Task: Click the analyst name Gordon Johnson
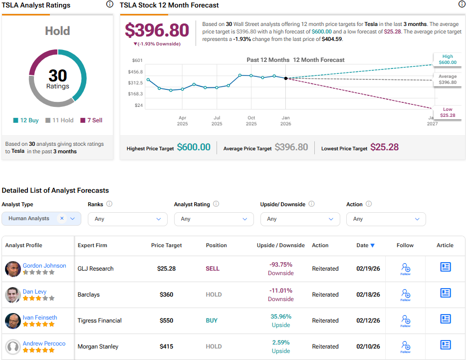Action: [44, 266]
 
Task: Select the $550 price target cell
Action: [167, 321]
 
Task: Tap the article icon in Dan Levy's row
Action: [445, 293]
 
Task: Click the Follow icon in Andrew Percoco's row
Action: [406, 346]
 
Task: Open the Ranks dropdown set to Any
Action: [128, 219]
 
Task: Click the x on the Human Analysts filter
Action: [62, 218]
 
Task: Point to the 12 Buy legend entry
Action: [26, 120]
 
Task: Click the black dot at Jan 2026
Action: [285, 78]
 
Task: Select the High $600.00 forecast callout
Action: [448, 59]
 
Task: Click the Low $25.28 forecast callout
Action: [448, 112]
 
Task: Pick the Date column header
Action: [365, 245]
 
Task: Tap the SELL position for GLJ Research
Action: [213, 269]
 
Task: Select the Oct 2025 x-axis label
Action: [251, 120]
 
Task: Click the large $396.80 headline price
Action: [157, 30]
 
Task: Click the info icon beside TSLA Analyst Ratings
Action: [110, 4]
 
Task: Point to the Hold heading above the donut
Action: [57, 31]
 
